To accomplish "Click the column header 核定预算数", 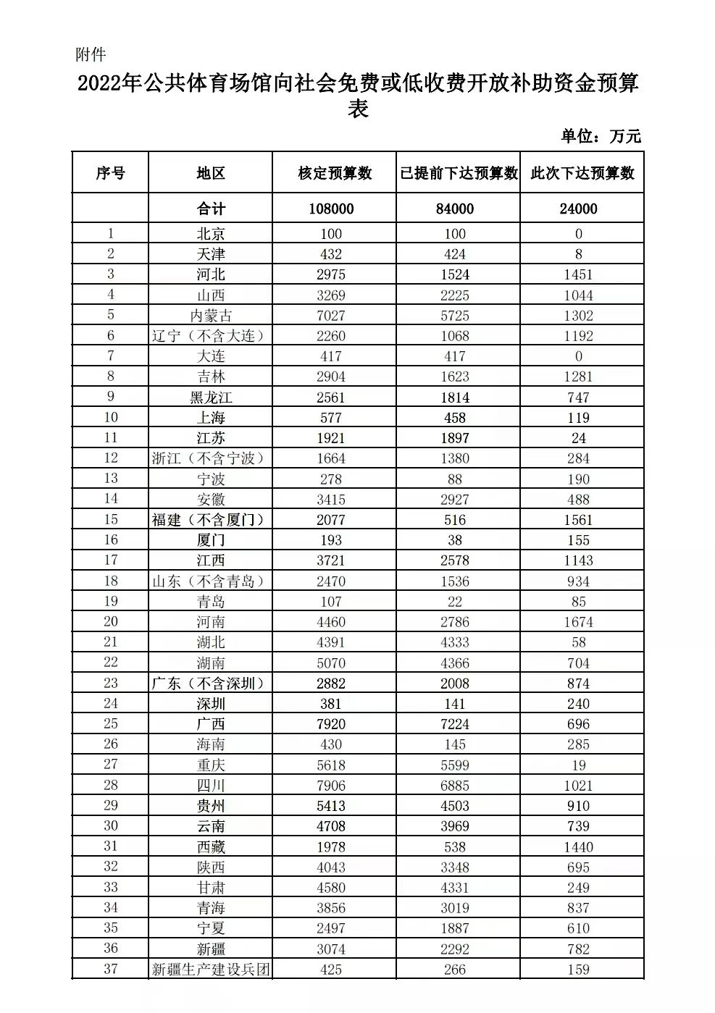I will (x=335, y=173).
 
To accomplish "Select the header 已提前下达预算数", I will (x=459, y=173).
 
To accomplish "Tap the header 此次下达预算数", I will (x=582, y=173).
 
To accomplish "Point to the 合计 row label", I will (x=211, y=209).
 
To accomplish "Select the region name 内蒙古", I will (x=211, y=316).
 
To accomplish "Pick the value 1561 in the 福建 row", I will (x=578, y=520).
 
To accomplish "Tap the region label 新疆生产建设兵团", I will (x=211, y=970).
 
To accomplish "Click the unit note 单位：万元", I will (x=601, y=136).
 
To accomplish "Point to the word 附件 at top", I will (x=91, y=54).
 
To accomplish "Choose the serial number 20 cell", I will (x=110, y=622).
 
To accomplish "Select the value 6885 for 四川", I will (x=455, y=786).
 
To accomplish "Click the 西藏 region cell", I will (x=211, y=847).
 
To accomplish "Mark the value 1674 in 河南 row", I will (x=578, y=622).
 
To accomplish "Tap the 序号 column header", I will (x=110, y=173).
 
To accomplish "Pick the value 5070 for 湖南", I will (x=331, y=663).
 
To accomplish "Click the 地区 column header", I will (x=211, y=173).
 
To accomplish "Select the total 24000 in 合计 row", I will (x=578, y=209).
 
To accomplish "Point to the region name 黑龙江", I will (x=211, y=398).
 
